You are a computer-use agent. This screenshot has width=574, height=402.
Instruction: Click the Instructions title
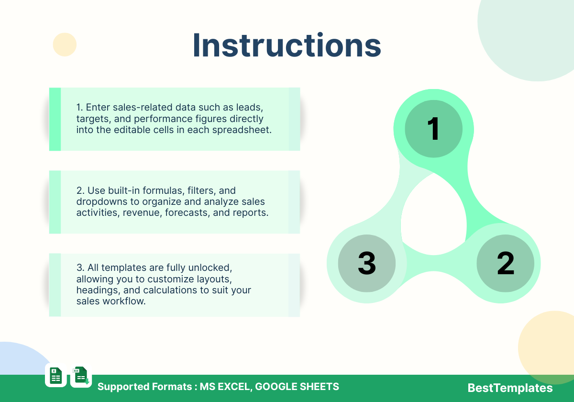287,45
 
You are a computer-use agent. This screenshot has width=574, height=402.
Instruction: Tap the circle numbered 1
433,129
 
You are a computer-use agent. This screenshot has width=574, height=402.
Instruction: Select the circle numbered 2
505,263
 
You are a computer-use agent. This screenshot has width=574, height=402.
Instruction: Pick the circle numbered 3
367,263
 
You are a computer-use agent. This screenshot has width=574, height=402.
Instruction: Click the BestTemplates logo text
510,388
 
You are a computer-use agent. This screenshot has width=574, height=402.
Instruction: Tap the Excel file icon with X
56,376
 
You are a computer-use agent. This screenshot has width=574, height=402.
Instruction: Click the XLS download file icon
81,376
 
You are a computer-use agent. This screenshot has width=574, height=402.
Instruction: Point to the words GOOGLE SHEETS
297,386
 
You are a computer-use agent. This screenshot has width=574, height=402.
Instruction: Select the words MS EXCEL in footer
224,386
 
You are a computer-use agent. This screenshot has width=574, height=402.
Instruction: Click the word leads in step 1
249,107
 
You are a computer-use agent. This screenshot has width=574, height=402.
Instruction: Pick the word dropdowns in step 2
102,202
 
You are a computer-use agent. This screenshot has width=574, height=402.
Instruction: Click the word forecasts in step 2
188,213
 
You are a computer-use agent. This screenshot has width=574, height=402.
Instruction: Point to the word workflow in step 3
124,301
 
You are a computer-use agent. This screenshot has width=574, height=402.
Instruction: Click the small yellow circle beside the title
65,45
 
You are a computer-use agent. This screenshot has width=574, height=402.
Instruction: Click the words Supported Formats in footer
145,387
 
